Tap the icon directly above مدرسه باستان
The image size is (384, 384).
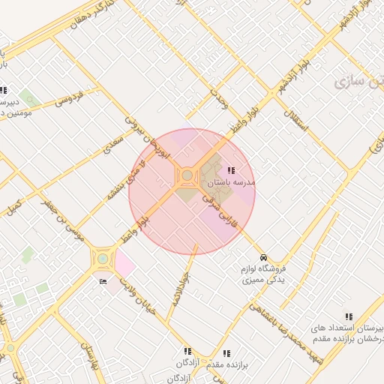[229, 171]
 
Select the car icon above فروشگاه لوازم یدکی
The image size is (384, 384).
[262, 256]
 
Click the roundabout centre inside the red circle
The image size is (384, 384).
[186, 176]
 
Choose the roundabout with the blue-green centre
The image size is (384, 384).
[101, 259]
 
